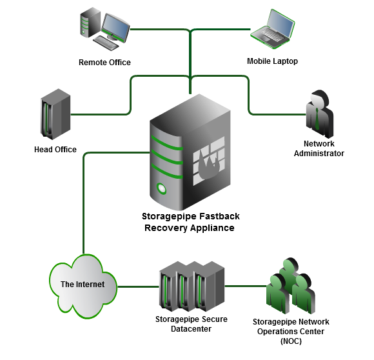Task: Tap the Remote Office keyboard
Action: (105, 43)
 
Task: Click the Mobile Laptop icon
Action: (272, 29)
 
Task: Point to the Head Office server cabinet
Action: (55, 114)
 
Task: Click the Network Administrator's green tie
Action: (317, 119)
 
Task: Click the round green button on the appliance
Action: (161, 188)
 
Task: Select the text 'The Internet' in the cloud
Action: (83, 284)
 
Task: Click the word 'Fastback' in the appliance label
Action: (219, 216)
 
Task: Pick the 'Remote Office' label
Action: (104, 63)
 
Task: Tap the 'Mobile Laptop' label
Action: (272, 61)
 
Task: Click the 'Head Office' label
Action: (55, 150)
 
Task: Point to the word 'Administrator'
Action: (319, 154)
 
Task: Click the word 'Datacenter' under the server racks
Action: (191, 329)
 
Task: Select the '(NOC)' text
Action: (291, 341)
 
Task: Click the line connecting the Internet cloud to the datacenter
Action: (139, 286)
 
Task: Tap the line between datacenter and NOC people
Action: (246, 286)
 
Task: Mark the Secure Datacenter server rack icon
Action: (192, 286)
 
